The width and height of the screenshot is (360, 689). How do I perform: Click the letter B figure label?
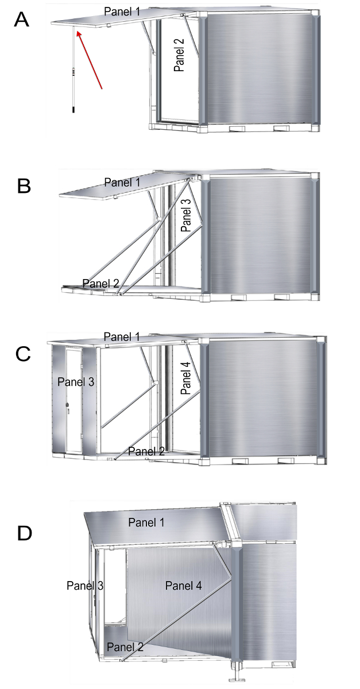point(25,187)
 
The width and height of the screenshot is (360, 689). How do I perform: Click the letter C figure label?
point(24,354)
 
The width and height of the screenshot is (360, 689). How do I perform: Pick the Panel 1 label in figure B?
point(123,182)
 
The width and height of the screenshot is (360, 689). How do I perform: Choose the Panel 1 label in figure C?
point(122,336)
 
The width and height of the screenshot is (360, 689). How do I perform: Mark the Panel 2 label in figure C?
point(146,451)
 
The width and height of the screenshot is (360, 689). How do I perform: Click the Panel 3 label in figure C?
point(74,381)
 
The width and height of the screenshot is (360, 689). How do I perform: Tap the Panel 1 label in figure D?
point(146,522)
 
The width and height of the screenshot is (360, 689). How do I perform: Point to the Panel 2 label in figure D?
point(125,647)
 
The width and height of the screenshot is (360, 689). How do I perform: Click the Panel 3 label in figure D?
point(85,586)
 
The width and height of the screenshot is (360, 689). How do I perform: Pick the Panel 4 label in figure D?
point(183,586)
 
